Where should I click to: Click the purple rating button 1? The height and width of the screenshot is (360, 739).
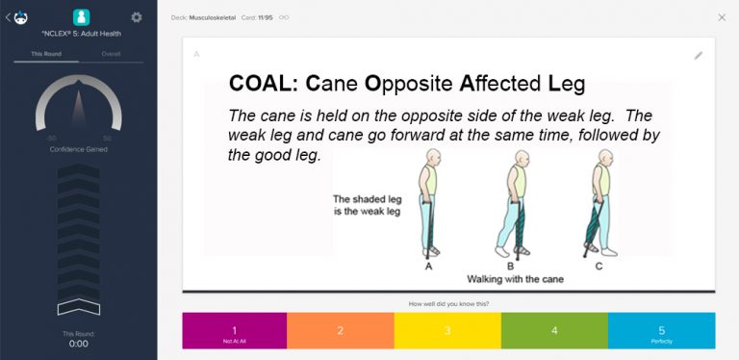click(235, 330)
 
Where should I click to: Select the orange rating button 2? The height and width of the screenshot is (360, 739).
click(340, 330)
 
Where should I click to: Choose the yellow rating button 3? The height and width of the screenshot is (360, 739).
click(447, 330)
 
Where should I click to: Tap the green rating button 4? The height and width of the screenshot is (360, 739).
click(554, 330)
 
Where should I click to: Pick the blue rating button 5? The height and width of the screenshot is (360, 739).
click(661, 330)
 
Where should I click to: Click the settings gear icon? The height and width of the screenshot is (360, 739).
click(137, 17)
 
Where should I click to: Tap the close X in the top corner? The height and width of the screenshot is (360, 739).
click(722, 17)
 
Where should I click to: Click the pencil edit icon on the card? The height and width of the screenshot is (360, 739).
click(699, 56)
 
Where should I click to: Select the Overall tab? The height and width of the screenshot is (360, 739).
click(111, 54)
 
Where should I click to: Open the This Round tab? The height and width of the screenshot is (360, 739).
click(46, 54)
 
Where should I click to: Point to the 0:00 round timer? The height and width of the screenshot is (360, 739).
click(79, 344)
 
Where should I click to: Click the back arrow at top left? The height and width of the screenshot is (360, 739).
click(9, 17)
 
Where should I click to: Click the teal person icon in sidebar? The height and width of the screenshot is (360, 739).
click(82, 17)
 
